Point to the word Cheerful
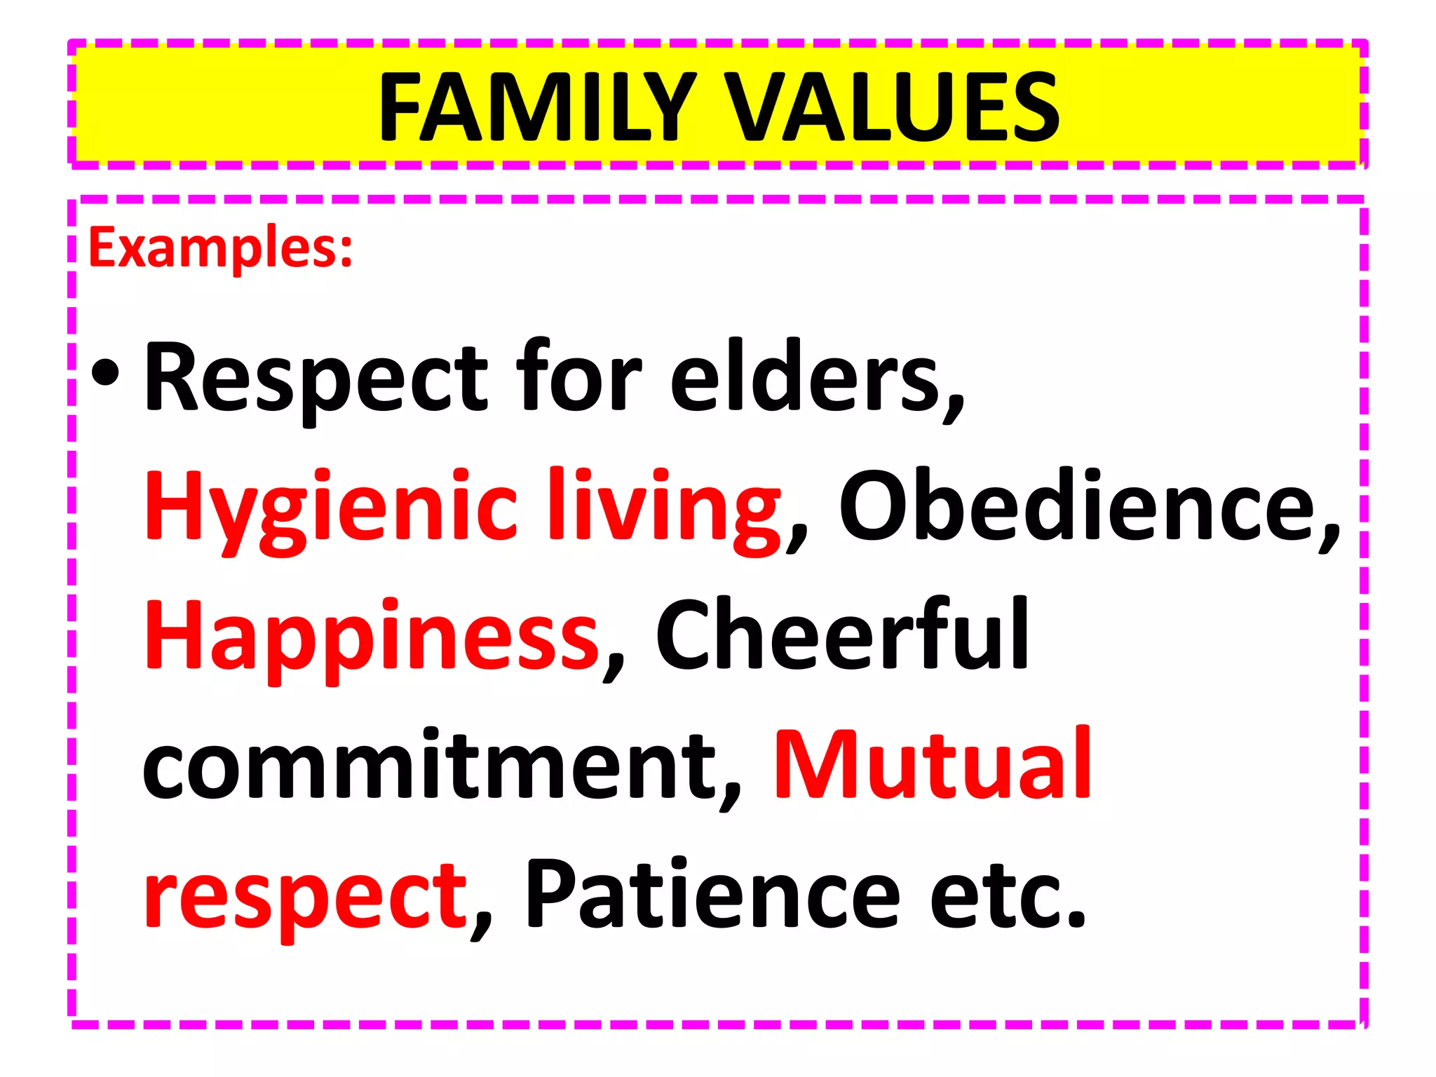coord(842,635)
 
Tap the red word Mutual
coord(933,764)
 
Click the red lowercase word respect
coord(306,897)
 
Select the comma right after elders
coord(954,407)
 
